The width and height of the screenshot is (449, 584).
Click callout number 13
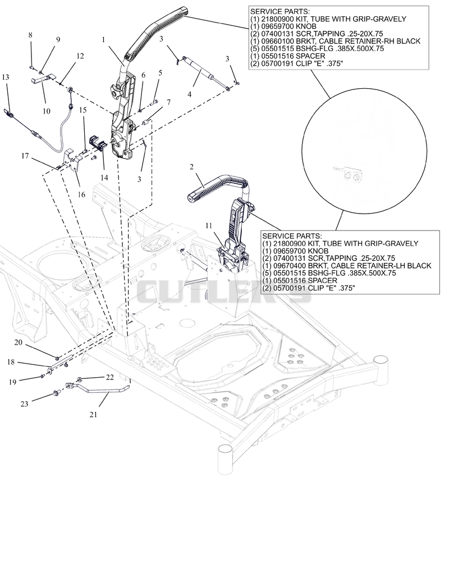click(5, 77)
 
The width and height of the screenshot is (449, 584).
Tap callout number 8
click(30, 35)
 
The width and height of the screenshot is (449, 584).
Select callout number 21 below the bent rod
click(93, 414)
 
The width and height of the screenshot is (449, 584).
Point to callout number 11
click(209, 226)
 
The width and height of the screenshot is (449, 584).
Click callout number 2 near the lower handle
click(191, 166)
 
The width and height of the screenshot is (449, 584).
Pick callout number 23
click(24, 404)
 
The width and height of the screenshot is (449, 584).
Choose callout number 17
click(25, 156)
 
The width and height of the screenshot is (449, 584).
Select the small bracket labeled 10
click(44, 79)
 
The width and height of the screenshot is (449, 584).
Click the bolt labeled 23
click(57, 392)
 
